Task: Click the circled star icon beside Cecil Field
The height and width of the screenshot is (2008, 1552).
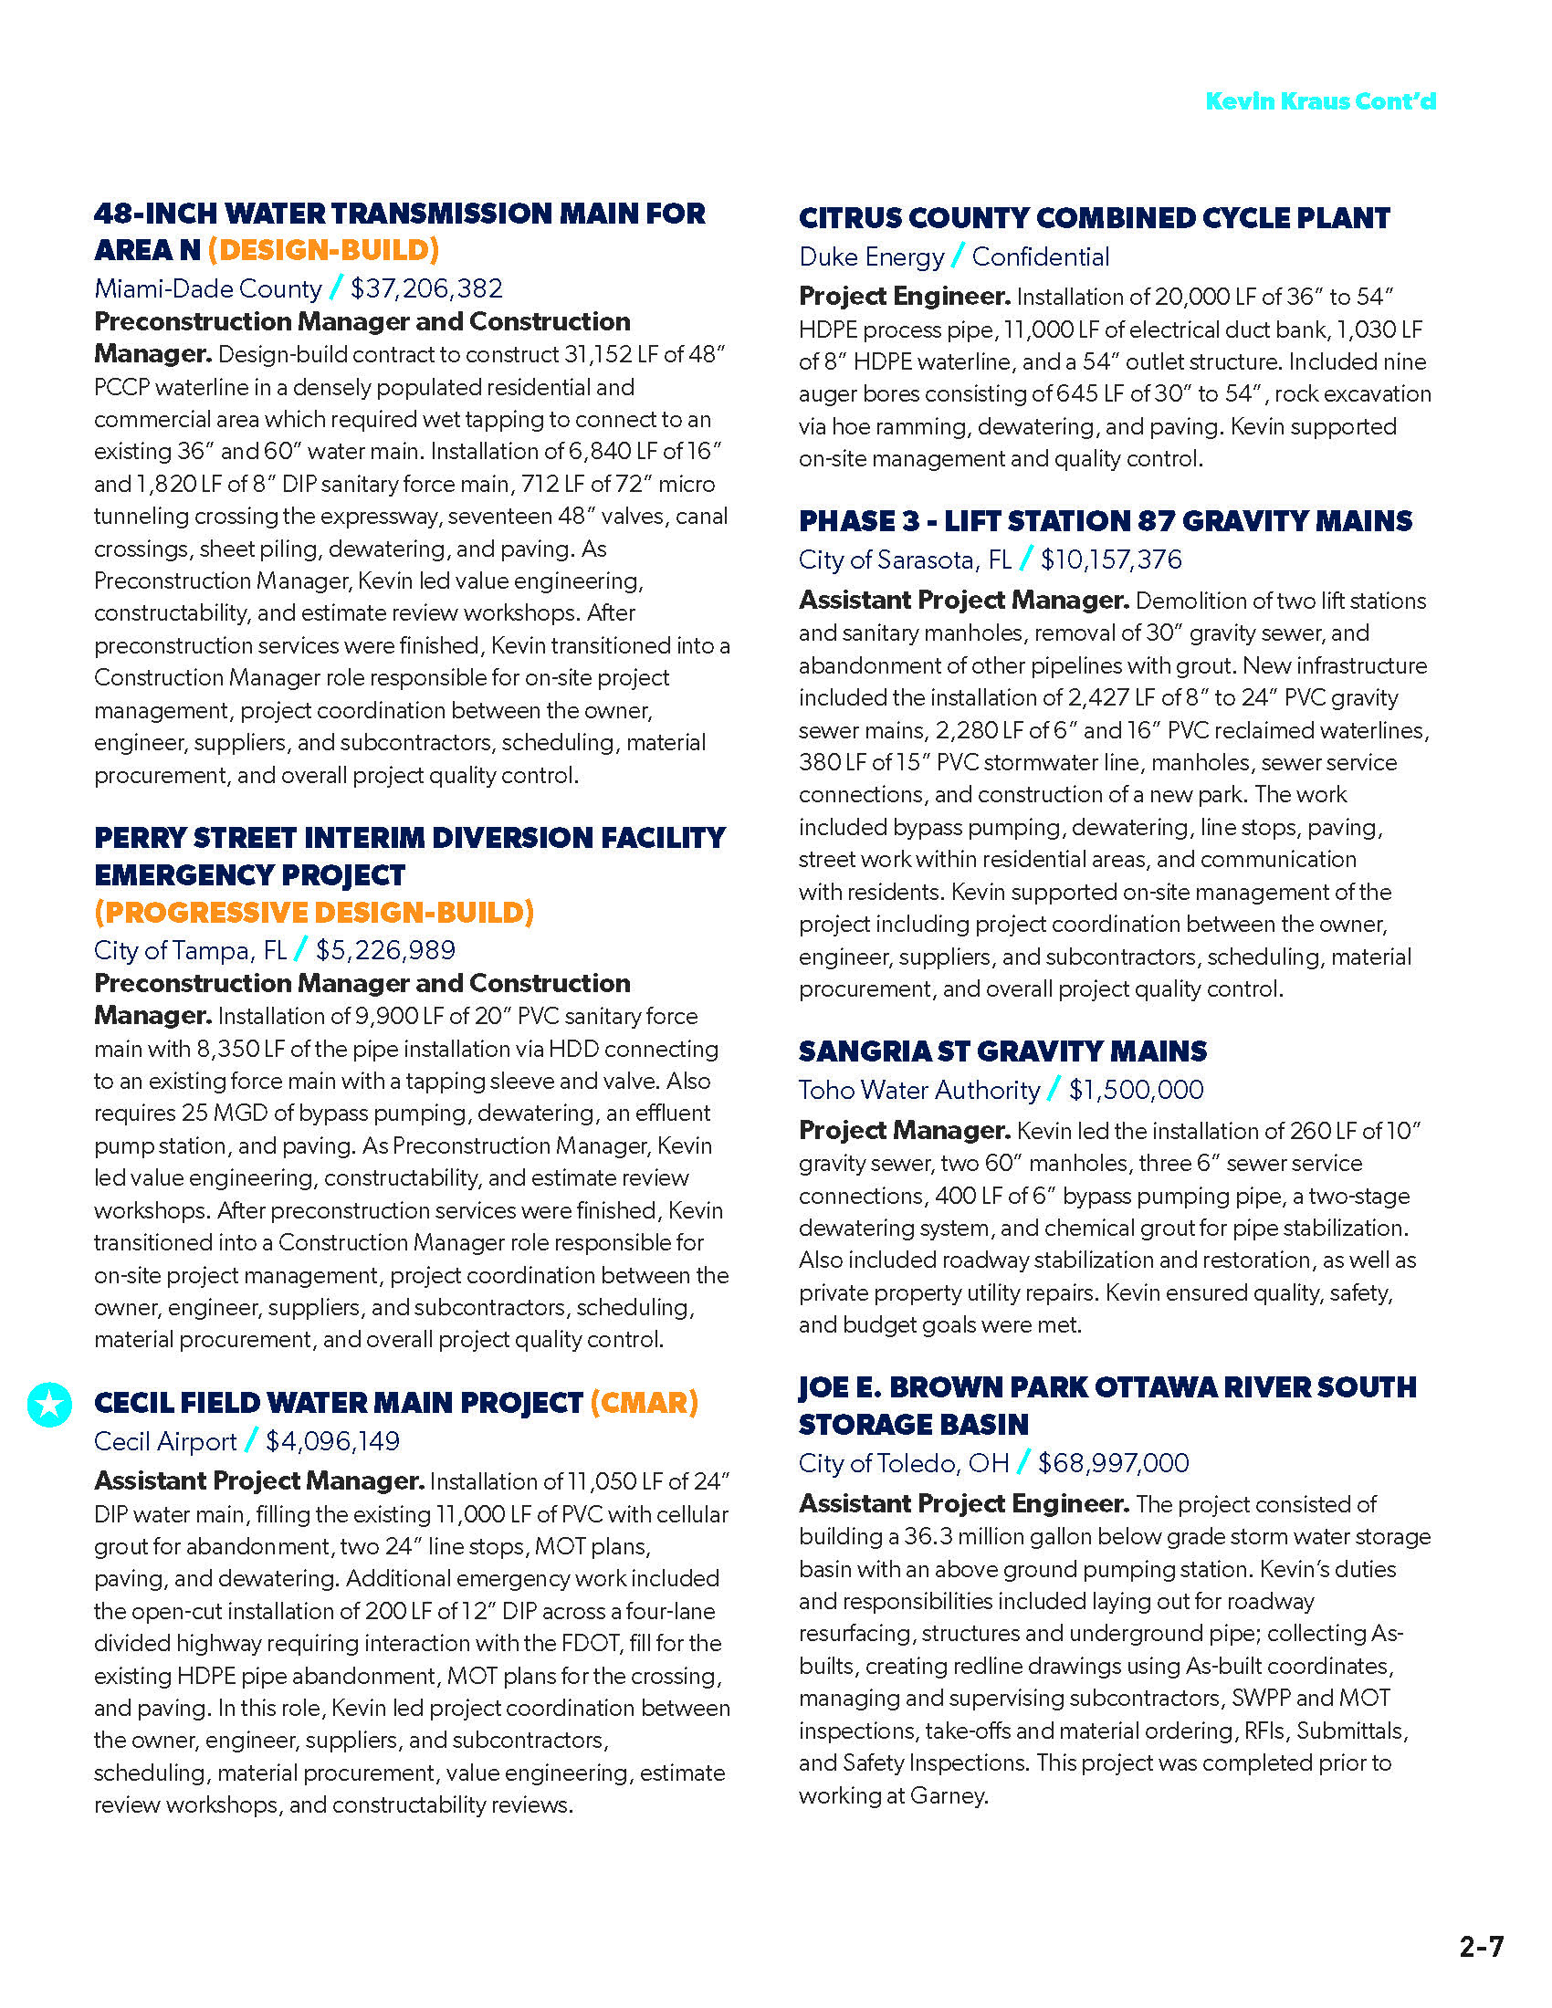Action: pyautogui.click(x=49, y=1404)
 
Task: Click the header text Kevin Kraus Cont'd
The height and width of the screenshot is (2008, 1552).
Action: pyautogui.click(x=1319, y=101)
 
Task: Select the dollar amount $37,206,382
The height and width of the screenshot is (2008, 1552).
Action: pyautogui.click(x=426, y=288)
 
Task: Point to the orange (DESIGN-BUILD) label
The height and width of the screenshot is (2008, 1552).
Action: pyautogui.click(x=324, y=250)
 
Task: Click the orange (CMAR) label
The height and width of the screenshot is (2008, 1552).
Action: pyautogui.click(x=644, y=1403)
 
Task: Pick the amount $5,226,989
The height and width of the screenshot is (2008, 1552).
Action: pyautogui.click(x=385, y=950)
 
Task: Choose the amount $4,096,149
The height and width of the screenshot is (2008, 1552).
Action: pyautogui.click(x=333, y=1440)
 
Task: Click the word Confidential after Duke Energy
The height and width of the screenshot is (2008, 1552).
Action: pyautogui.click(x=1040, y=256)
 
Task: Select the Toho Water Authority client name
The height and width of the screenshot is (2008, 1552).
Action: pyautogui.click(x=918, y=1090)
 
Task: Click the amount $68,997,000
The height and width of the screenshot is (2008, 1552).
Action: pyautogui.click(x=1113, y=1463)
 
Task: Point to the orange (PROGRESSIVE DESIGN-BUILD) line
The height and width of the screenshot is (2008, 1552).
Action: pyautogui.click(x=314, y=912)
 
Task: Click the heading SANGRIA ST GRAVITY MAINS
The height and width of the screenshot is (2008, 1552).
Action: pyautogui.click(x=1002, y=1051)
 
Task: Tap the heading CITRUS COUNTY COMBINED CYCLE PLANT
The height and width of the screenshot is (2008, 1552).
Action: pyautogui.click(x=1094, y=218)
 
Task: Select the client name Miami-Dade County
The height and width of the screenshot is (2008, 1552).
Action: pyautogui.click(x=208, y=288)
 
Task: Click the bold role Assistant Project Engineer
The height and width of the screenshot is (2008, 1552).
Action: pyautogui.click(x=963, y=1503)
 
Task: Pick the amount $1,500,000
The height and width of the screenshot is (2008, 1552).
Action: pyautogui.click(x=1136, y=1090)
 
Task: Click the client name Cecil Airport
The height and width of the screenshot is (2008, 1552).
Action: pyautogui.click(x=165, y=1440)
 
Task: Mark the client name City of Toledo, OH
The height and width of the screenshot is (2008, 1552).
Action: pyautogui.click(x=903, y=1463)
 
